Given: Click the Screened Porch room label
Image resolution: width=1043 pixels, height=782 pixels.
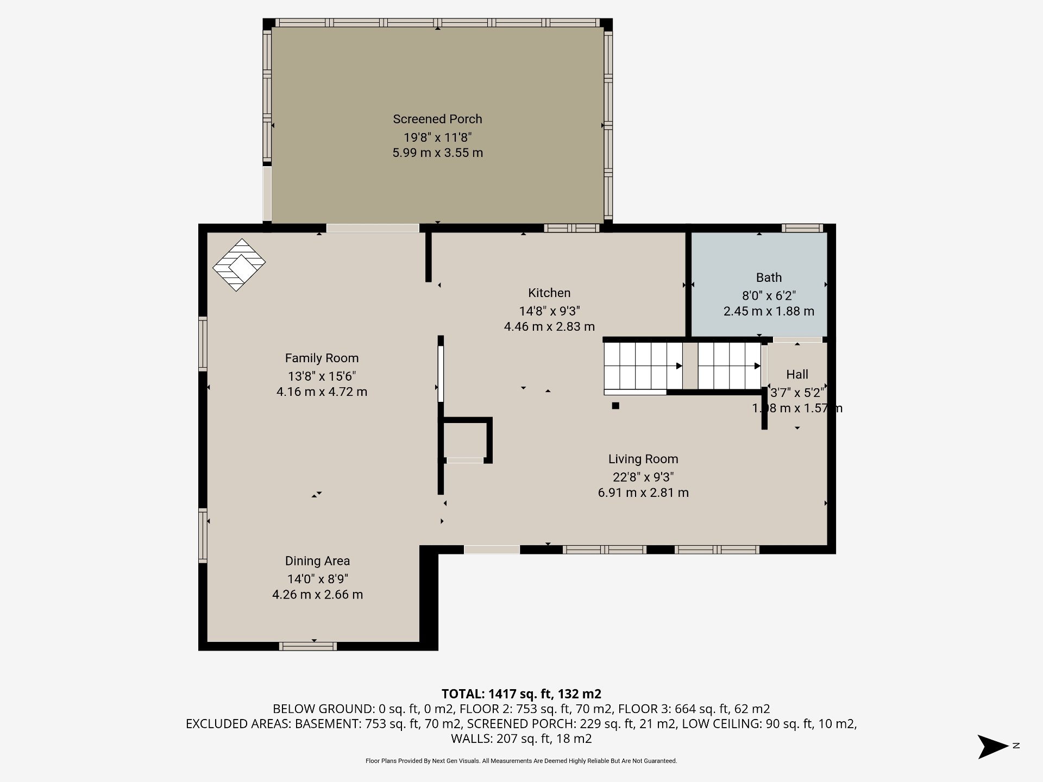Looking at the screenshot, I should (437, 119).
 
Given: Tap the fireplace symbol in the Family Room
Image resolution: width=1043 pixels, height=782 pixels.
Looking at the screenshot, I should (238, 264).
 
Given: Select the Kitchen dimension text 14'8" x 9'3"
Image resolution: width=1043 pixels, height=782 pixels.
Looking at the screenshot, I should (549, 311).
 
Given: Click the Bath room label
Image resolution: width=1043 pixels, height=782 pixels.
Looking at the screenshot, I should (769, 278).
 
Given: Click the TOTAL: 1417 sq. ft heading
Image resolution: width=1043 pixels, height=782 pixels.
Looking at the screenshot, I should (521, 693).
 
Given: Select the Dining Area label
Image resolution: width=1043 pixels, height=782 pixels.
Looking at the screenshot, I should (317, 561).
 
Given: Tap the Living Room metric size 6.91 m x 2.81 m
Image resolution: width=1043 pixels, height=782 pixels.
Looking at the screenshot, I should (643, 493).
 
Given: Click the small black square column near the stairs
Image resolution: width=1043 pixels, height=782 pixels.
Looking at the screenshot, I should (615, 405).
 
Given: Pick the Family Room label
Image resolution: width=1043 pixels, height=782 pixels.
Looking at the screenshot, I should (322, 358).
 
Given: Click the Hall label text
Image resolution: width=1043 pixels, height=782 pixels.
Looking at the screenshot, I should (797, 374).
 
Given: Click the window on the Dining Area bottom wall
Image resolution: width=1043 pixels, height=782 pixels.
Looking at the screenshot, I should (308, 646).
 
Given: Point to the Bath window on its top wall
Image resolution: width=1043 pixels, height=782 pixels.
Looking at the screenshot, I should (802, 229).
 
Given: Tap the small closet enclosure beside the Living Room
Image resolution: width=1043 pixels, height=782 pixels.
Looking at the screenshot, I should (466, 440).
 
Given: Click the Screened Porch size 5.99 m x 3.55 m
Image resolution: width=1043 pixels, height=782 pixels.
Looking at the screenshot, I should (437, 153).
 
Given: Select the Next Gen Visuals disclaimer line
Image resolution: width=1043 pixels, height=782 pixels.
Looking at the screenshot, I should (521, 761).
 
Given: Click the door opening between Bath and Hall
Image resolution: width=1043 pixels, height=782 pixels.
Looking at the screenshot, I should (797, 340).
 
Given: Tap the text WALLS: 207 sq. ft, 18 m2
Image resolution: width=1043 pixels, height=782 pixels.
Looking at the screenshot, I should (521, 739).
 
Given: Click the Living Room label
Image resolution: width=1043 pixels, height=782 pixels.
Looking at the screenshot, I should (643, 459).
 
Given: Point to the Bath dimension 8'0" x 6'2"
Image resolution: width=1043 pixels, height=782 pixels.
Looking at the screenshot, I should (769, 295).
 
